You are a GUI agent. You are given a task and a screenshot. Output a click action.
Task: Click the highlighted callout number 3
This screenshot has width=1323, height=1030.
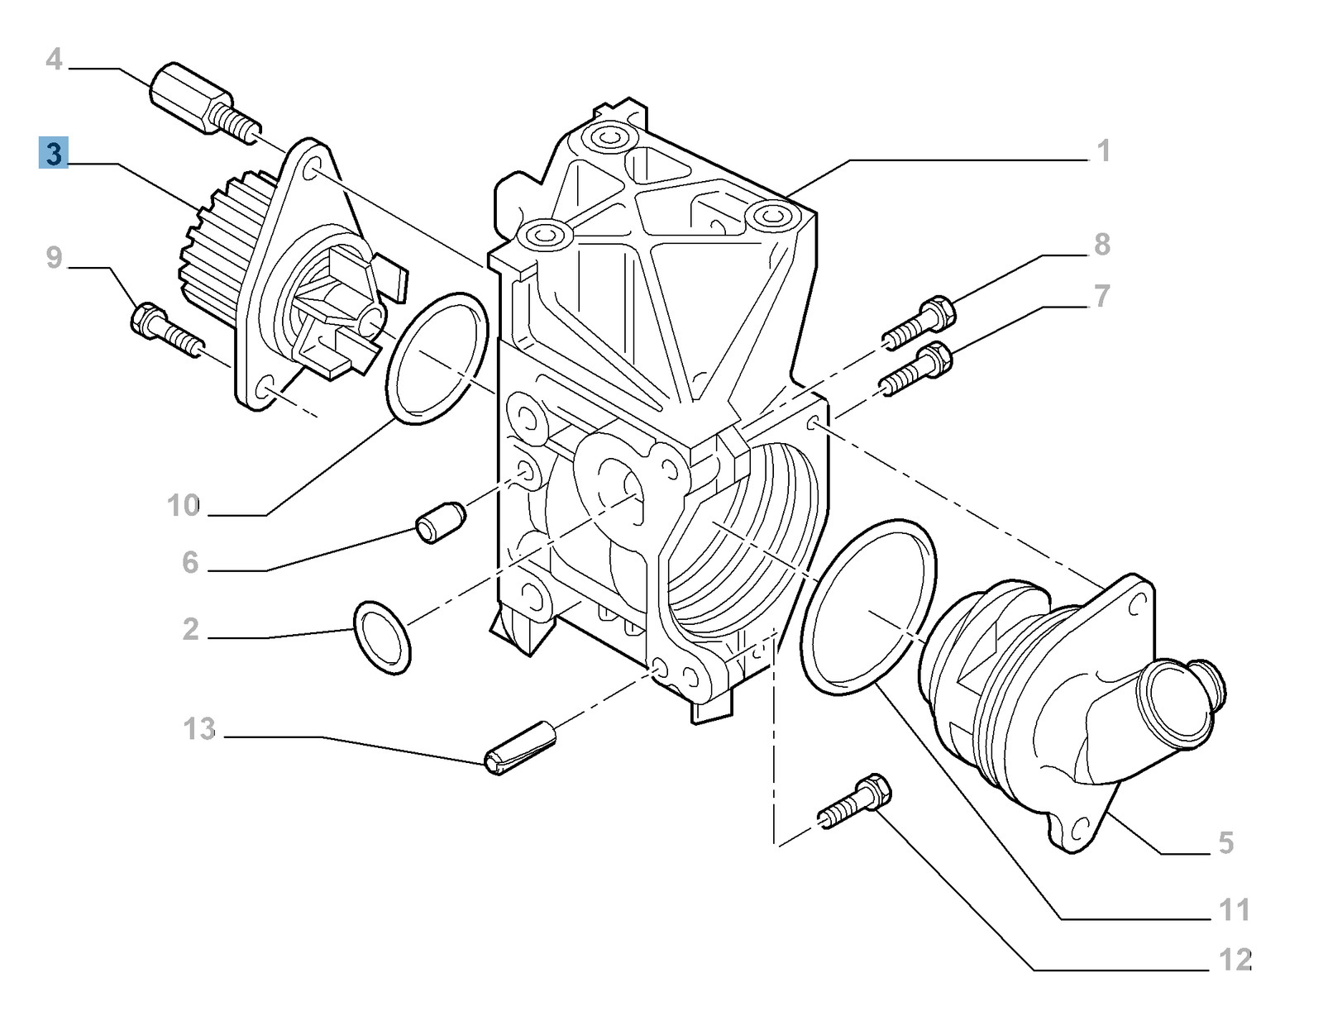[x=54, y=155]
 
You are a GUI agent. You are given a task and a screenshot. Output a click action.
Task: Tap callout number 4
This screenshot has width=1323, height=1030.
[x=54, y=60]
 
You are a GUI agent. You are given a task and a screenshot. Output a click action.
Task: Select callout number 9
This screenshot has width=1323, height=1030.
[x=54, y=257]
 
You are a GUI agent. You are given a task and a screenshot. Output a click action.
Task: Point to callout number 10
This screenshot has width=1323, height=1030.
[x=183, y=505]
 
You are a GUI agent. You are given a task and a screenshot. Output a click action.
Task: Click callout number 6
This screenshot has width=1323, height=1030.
[x=190, y=563]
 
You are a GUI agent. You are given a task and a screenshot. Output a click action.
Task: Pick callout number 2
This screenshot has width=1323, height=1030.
[x=190, y=630]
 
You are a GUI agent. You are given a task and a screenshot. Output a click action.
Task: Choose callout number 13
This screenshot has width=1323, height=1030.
[x=199, y=729]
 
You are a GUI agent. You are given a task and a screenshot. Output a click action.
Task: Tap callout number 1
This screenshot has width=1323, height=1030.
[x=1103, y=151]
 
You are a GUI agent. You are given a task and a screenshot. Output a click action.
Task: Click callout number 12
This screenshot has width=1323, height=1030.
[x=1235, y=961]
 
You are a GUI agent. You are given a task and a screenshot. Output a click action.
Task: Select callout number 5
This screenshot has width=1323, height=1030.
[x=1225, y=843]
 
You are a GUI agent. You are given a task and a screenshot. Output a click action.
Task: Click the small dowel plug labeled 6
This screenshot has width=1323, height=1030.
[x=441, y=522]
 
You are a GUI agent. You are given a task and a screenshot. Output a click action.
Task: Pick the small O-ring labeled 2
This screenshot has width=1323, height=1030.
[x=381, y=638]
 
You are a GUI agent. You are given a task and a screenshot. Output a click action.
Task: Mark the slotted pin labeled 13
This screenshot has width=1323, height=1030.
[x=523, y=747]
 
